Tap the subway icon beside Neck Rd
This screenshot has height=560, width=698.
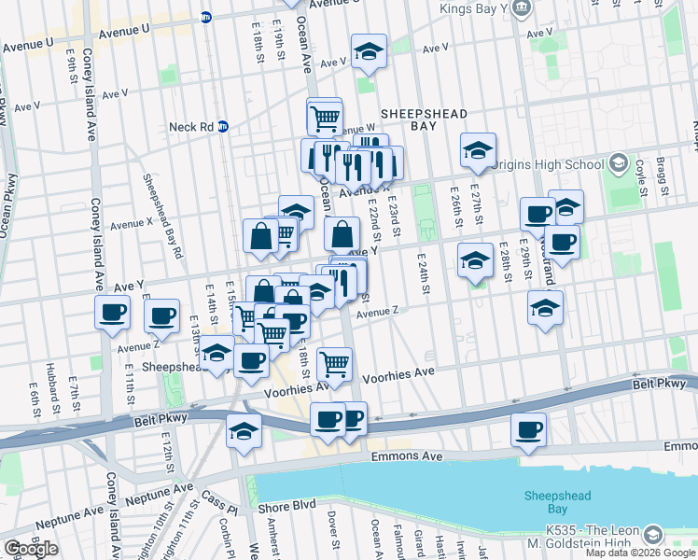click(223, 127)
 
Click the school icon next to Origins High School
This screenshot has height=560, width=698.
click(617, 165)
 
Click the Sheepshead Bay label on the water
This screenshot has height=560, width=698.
click(553, 501)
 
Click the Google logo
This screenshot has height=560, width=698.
click(31, 548)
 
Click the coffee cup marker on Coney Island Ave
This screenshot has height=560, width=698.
click(112, 313)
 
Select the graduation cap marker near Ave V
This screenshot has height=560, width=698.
click(369, 51)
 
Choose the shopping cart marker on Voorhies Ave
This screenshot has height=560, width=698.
click(334, 364)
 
